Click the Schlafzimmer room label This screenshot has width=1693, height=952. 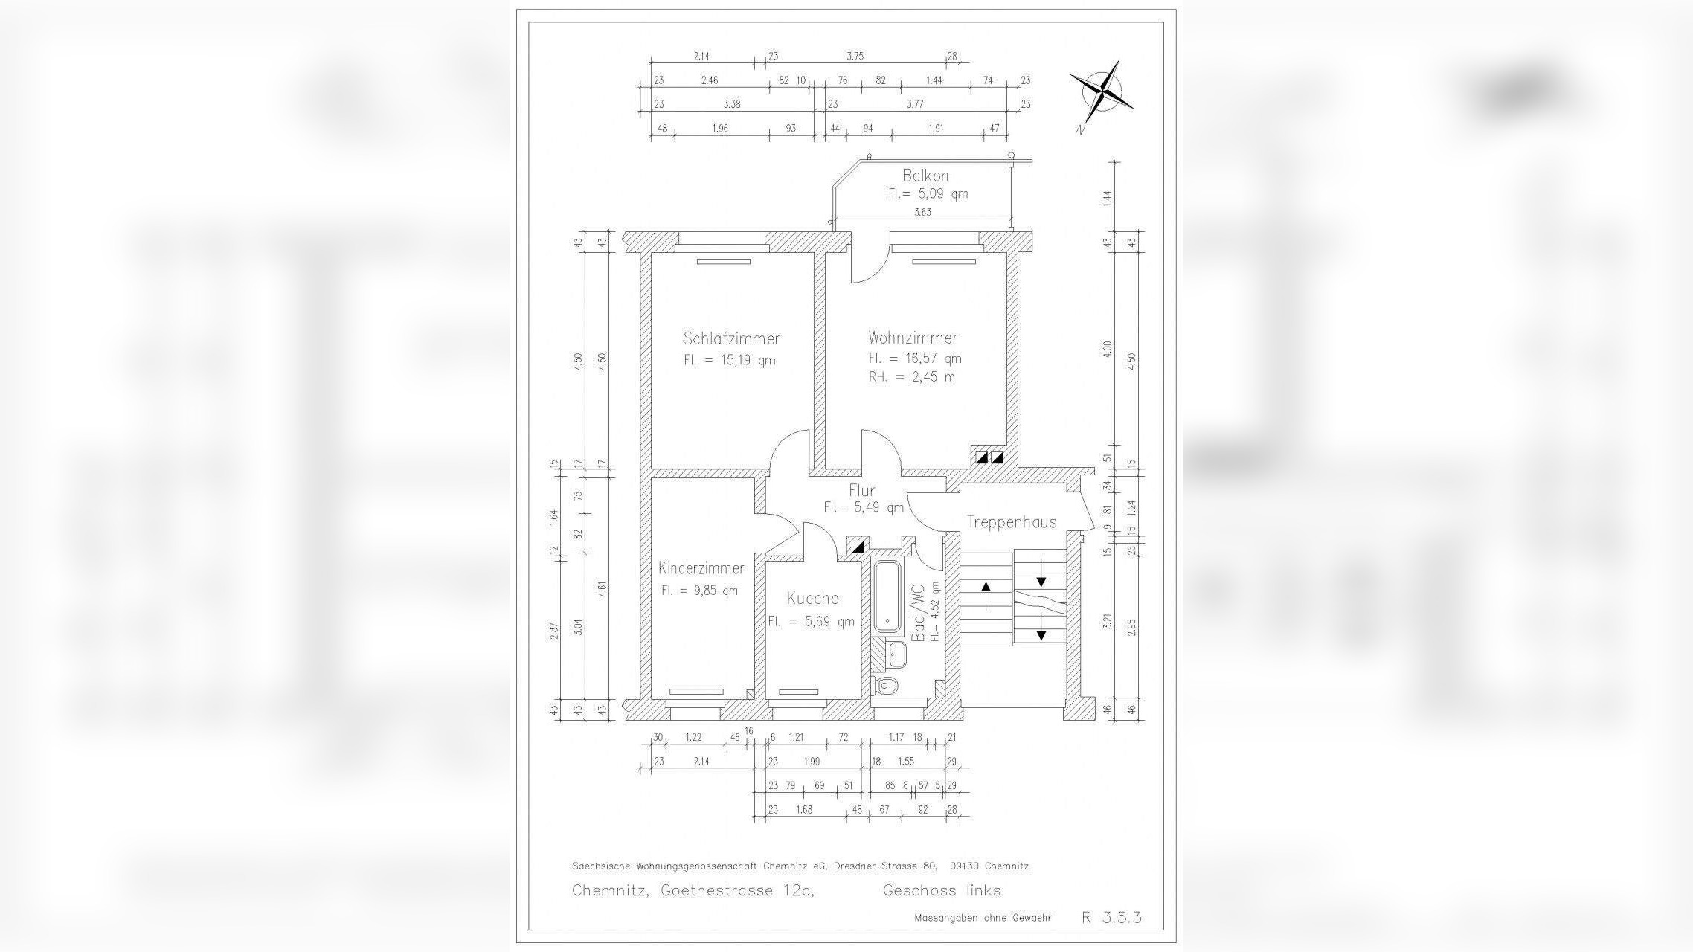point(731,338)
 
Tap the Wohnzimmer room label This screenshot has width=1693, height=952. point(913,338)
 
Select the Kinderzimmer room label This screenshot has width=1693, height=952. point(701,568)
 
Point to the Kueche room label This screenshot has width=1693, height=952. point(813,598)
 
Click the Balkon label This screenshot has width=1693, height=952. point(925,176)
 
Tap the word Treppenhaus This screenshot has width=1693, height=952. point(1011,522)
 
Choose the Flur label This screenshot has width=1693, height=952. point(861,490)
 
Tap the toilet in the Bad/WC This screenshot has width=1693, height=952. point(887,684)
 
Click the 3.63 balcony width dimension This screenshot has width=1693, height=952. point(922,212)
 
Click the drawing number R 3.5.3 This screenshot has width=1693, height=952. point(1111,917)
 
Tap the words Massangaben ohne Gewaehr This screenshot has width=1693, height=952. point(983,918)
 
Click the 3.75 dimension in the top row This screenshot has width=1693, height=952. point(855,56)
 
